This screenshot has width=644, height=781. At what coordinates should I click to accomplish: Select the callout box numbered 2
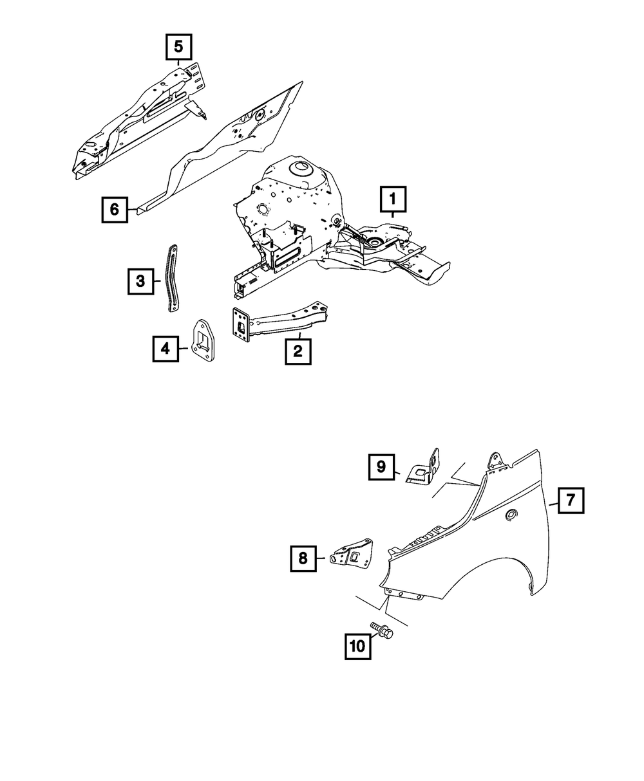(298, 351)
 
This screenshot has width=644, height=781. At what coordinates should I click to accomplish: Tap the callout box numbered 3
(140, 281)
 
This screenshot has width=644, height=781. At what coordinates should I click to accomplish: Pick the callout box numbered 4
(165, 349)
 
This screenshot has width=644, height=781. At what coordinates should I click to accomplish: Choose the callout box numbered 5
(178, 47)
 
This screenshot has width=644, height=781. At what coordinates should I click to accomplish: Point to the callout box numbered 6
(115, 210)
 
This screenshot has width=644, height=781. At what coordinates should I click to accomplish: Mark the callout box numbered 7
(571, 500)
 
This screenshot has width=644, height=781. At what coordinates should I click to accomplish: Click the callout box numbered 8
(303, 558)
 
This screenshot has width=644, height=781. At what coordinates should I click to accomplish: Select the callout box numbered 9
(381, 467)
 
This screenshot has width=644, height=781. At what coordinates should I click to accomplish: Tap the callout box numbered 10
(358, 646)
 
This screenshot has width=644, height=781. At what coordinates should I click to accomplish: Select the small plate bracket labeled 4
(204, 340)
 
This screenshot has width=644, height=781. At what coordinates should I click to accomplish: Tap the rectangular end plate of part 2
(241, 324)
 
